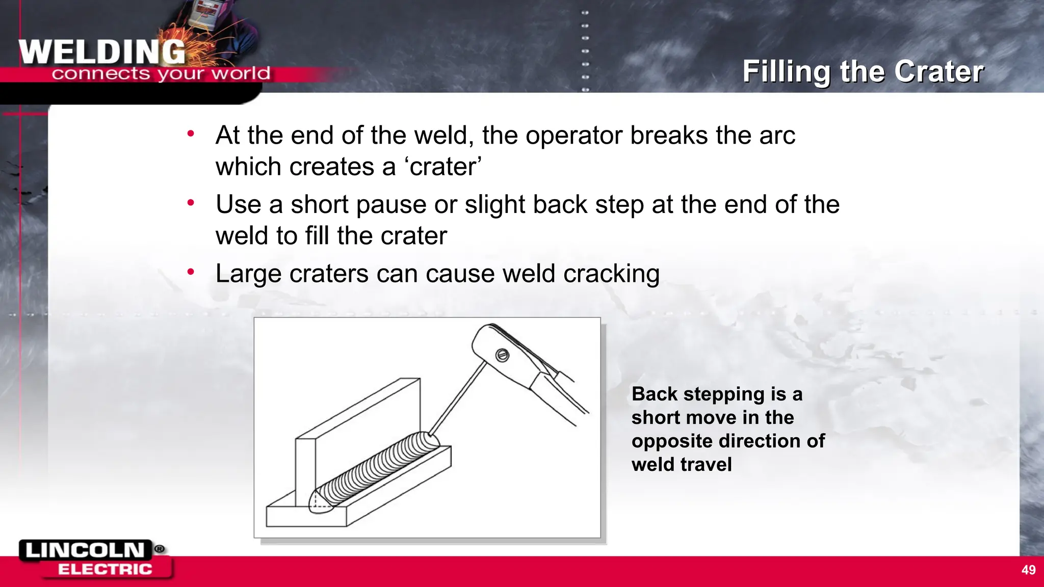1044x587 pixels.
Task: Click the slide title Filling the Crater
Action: pos(863,71)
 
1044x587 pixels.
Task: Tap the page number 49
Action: pos(1028,570)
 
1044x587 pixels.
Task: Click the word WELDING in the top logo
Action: pos(102,52)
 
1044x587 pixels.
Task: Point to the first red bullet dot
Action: pos(191,134)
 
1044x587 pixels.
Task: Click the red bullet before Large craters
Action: pos(191,272)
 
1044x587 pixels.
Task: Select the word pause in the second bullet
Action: pos(391,205)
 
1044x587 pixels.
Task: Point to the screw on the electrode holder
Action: pos(502,355)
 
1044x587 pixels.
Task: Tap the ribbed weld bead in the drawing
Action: pos(377,469)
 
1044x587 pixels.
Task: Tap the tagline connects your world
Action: pos(161,74)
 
